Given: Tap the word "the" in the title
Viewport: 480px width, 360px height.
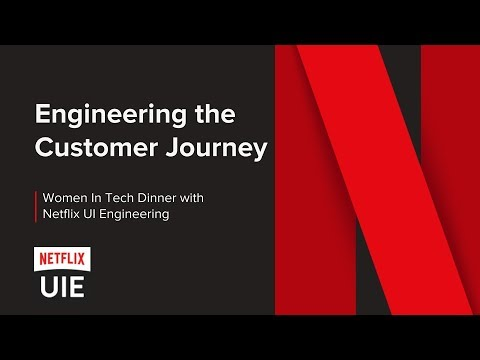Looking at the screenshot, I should click(213, 115).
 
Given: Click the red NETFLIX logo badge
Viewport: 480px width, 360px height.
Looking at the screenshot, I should click(61, 259).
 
